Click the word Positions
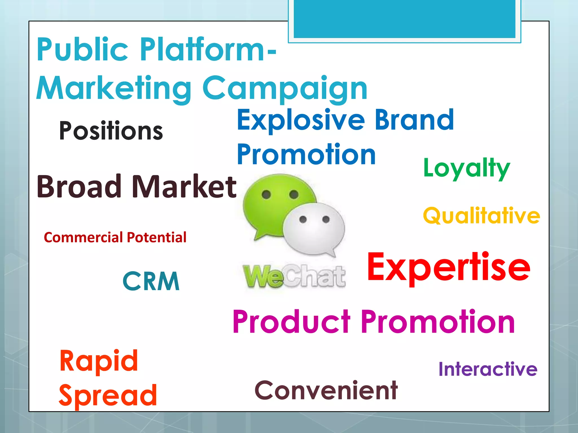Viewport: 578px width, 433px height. point(111,131)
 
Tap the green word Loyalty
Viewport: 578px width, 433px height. point(467,168)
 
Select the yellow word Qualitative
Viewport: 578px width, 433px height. point(481,216)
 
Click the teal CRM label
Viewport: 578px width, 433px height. point(151,281)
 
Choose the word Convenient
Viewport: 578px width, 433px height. point(326,390)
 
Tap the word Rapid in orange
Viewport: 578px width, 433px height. point(98,361)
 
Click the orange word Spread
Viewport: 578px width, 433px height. point(108,396)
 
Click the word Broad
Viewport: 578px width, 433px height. point(79,186)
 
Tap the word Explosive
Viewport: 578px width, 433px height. point(301,120)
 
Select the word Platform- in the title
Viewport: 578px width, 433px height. point(208,50)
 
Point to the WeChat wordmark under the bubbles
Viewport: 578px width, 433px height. point(294,277)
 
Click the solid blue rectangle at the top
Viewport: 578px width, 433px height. point(404,19)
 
